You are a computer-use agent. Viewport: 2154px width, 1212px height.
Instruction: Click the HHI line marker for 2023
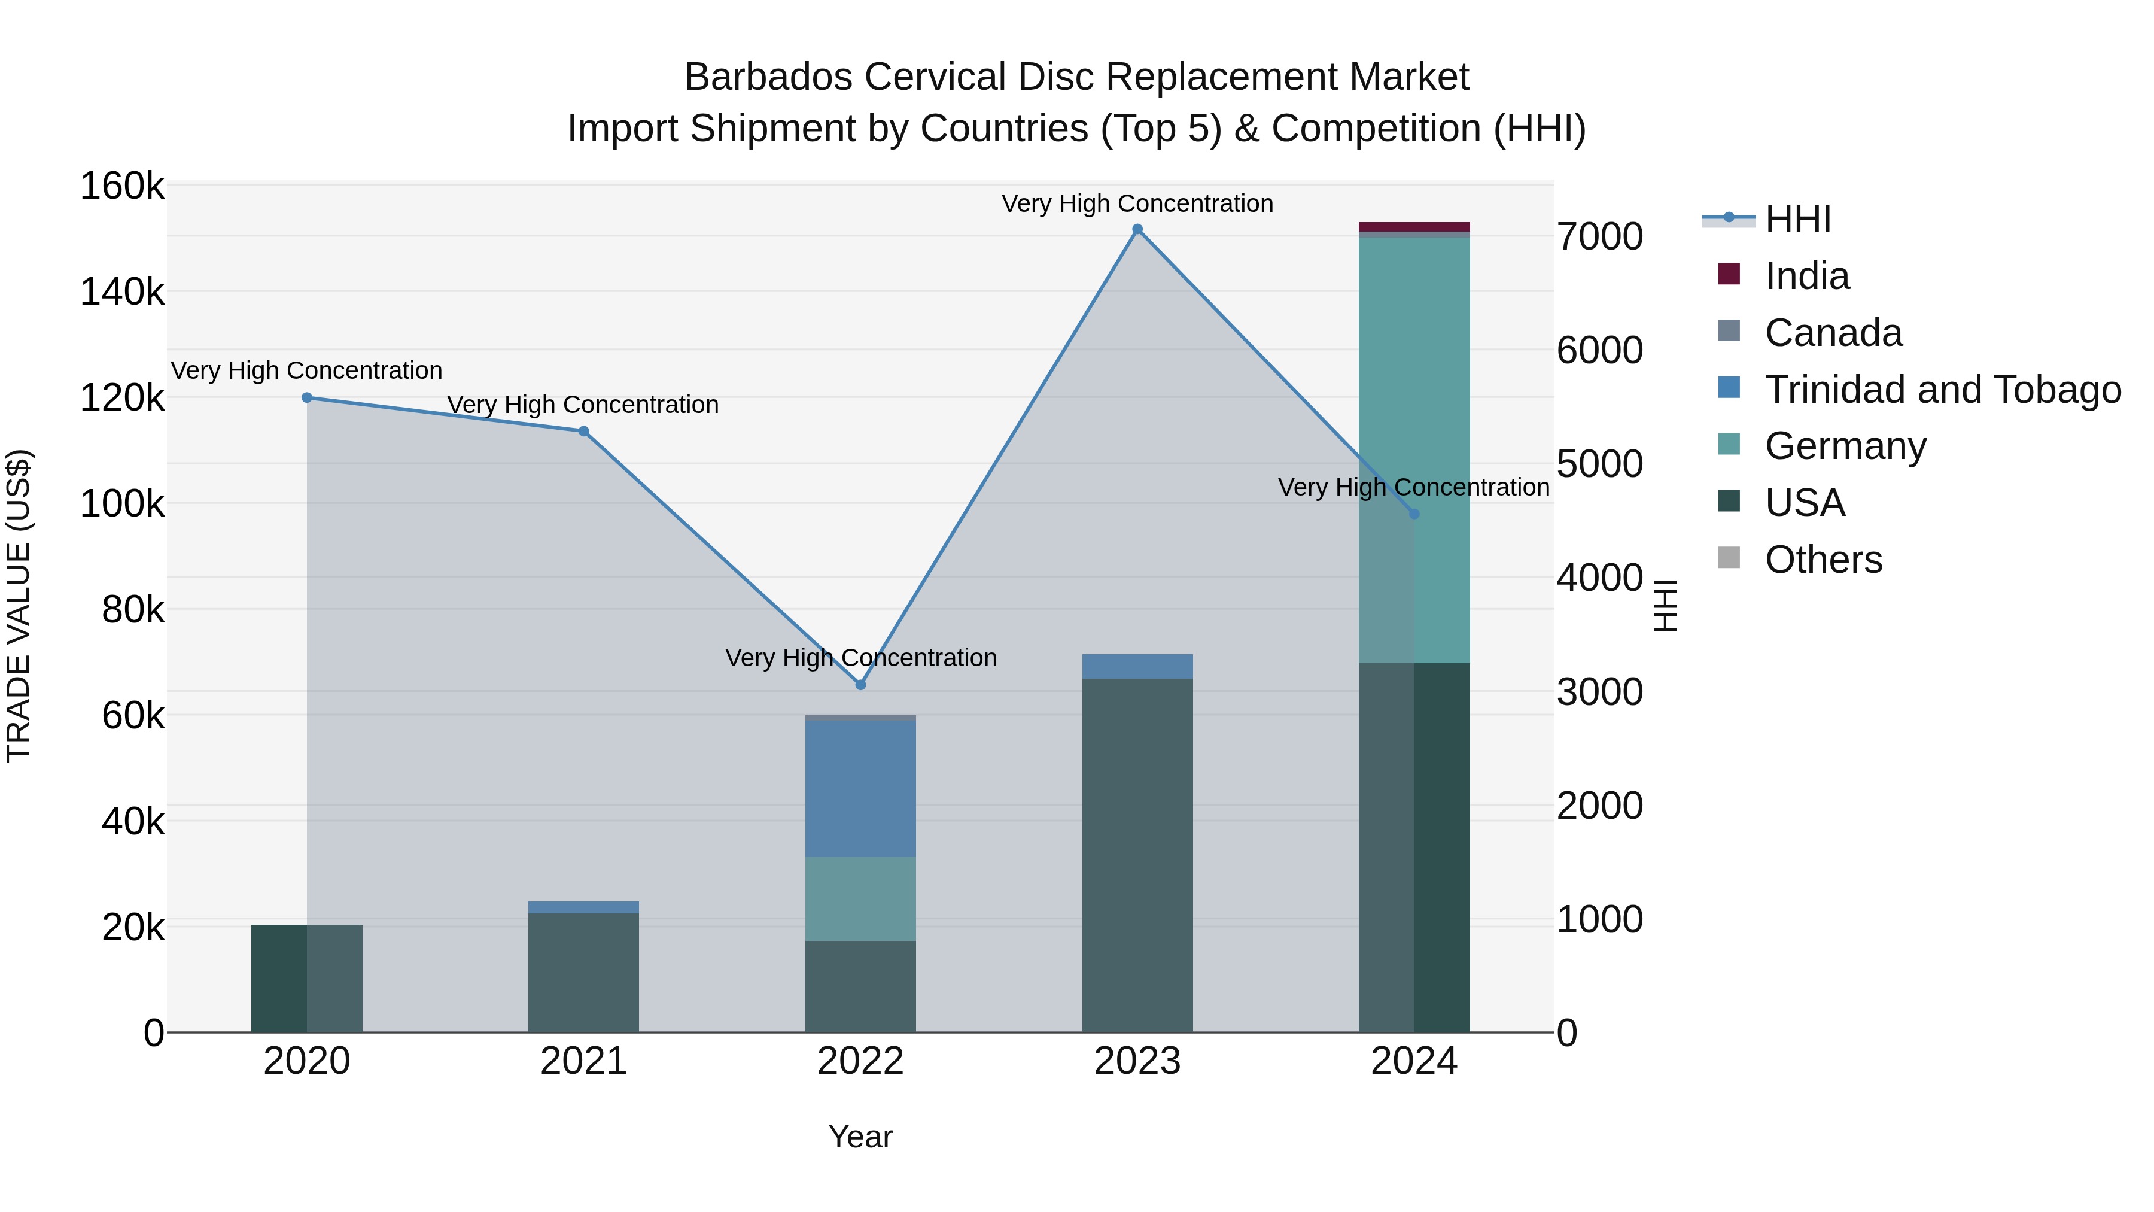[x=1137, y=229]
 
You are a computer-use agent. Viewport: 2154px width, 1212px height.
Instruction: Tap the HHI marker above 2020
[x=307, y=398]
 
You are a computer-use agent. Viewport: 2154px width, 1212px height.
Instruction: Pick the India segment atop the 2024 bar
[x=1414, y=227]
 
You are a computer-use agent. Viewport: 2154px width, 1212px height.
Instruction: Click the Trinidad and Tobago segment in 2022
[x=860, y=788]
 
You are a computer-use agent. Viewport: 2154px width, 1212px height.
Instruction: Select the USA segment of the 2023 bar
[x=1137, y=853]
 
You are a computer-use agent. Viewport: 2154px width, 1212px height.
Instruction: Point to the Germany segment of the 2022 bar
[x=860, y=898]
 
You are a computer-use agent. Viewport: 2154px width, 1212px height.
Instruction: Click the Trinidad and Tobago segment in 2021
[x=583, y=907]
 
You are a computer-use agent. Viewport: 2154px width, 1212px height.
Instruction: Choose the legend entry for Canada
[x=1833, y=333]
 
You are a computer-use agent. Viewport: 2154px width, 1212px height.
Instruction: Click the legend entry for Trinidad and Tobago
[x=1942, y=390]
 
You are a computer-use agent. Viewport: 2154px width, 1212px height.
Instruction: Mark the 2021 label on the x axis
[x=583, y=1061]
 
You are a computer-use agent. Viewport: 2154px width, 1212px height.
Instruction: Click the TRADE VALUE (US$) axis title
[x=19, y=606]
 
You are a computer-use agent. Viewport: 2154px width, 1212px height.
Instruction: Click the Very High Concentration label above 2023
[x=1137, y=203]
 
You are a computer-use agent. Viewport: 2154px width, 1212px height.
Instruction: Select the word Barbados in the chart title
[x=768, y=77]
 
